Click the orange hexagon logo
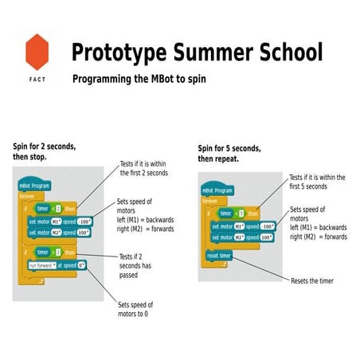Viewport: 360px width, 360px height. (x=37, y=52)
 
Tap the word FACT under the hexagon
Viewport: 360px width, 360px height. (x=37, y=80)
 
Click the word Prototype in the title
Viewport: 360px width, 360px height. (x=119, y=53)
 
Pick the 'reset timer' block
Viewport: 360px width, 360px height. (x=219, y=256)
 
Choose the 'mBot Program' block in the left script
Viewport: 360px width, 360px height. (x=35, y=185)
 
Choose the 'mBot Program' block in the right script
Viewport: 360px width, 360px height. (x=218, y=192)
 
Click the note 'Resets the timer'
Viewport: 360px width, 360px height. (x=312, y=281)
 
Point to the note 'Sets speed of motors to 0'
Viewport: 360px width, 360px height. (x=135, y=309)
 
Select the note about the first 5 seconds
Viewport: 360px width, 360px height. (x=319, y=182)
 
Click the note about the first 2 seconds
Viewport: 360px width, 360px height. (x=144, y=167)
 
